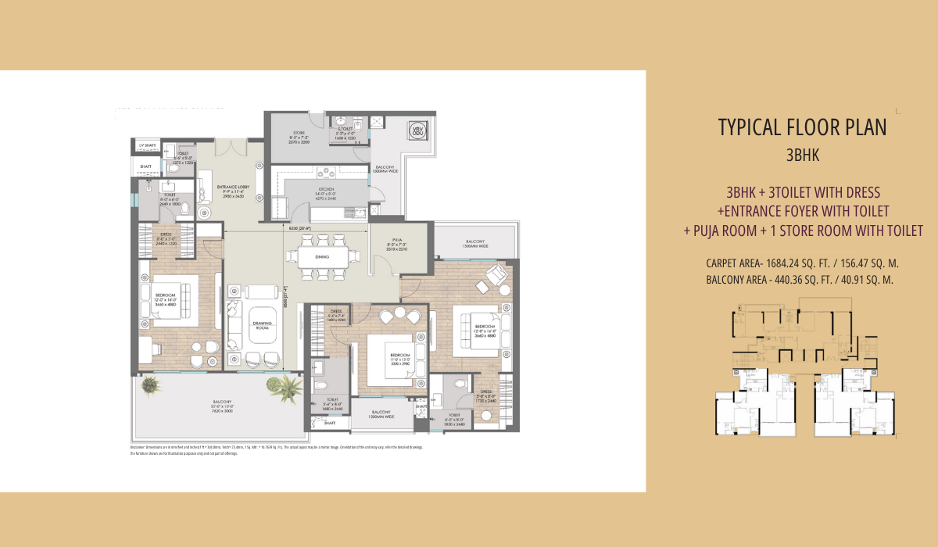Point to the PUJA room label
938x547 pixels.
pos(397,243)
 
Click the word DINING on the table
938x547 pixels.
pos(322,256)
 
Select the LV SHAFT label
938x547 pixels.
pos(146,146)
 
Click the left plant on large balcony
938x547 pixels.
pos(150,384)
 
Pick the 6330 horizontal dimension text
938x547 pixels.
pos(299,228)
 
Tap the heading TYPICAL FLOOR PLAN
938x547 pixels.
pos(802,127)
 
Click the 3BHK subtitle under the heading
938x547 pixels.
pos(802,155)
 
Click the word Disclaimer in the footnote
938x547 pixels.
pos(141,448)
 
